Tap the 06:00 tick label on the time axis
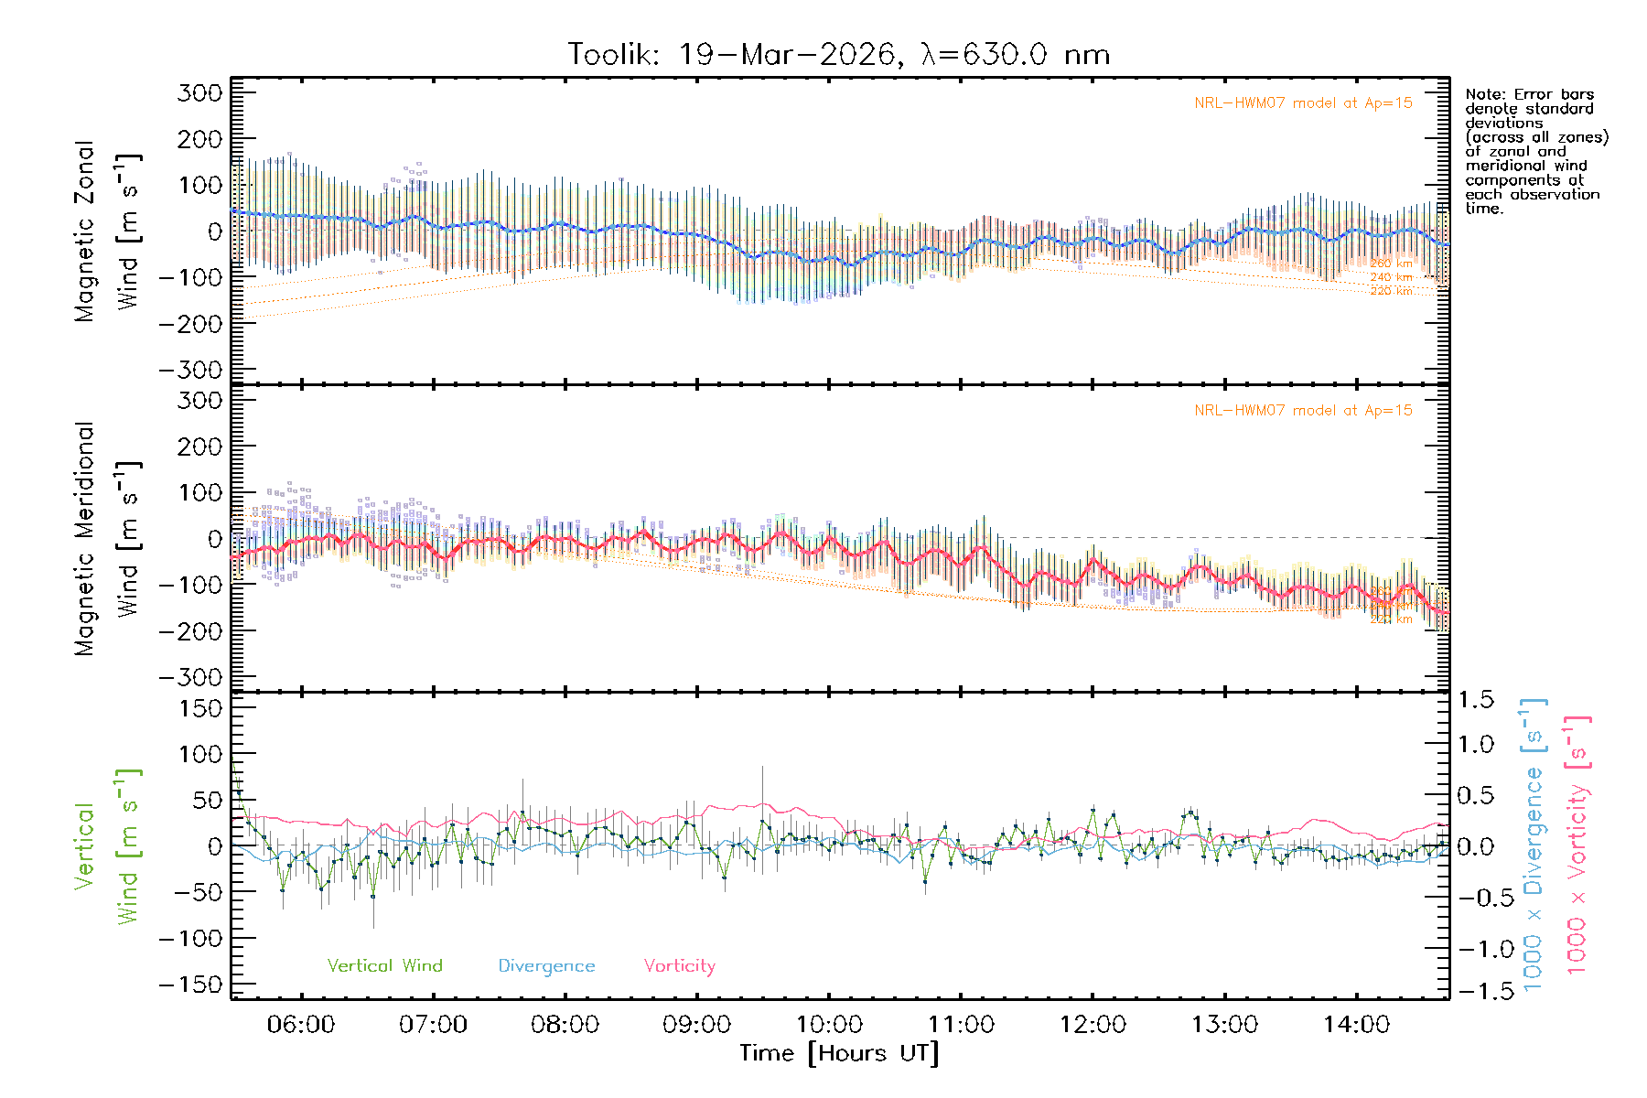pos(301,1024)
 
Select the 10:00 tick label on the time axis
pos(829,1024)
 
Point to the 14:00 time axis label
pos(1356,1024)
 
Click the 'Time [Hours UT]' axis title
pos(839,1053)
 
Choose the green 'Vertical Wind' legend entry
pos(384,965)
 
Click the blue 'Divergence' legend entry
pos(546,965)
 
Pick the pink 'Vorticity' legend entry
pos(679,965)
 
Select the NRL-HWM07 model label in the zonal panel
pos(1303,102)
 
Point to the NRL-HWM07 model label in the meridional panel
pos(1303,410)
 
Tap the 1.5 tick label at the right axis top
pos(1476,700)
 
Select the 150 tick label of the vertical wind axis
pos(200,708)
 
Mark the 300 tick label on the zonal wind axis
pos(200,92)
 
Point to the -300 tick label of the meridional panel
pos(191,677)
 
